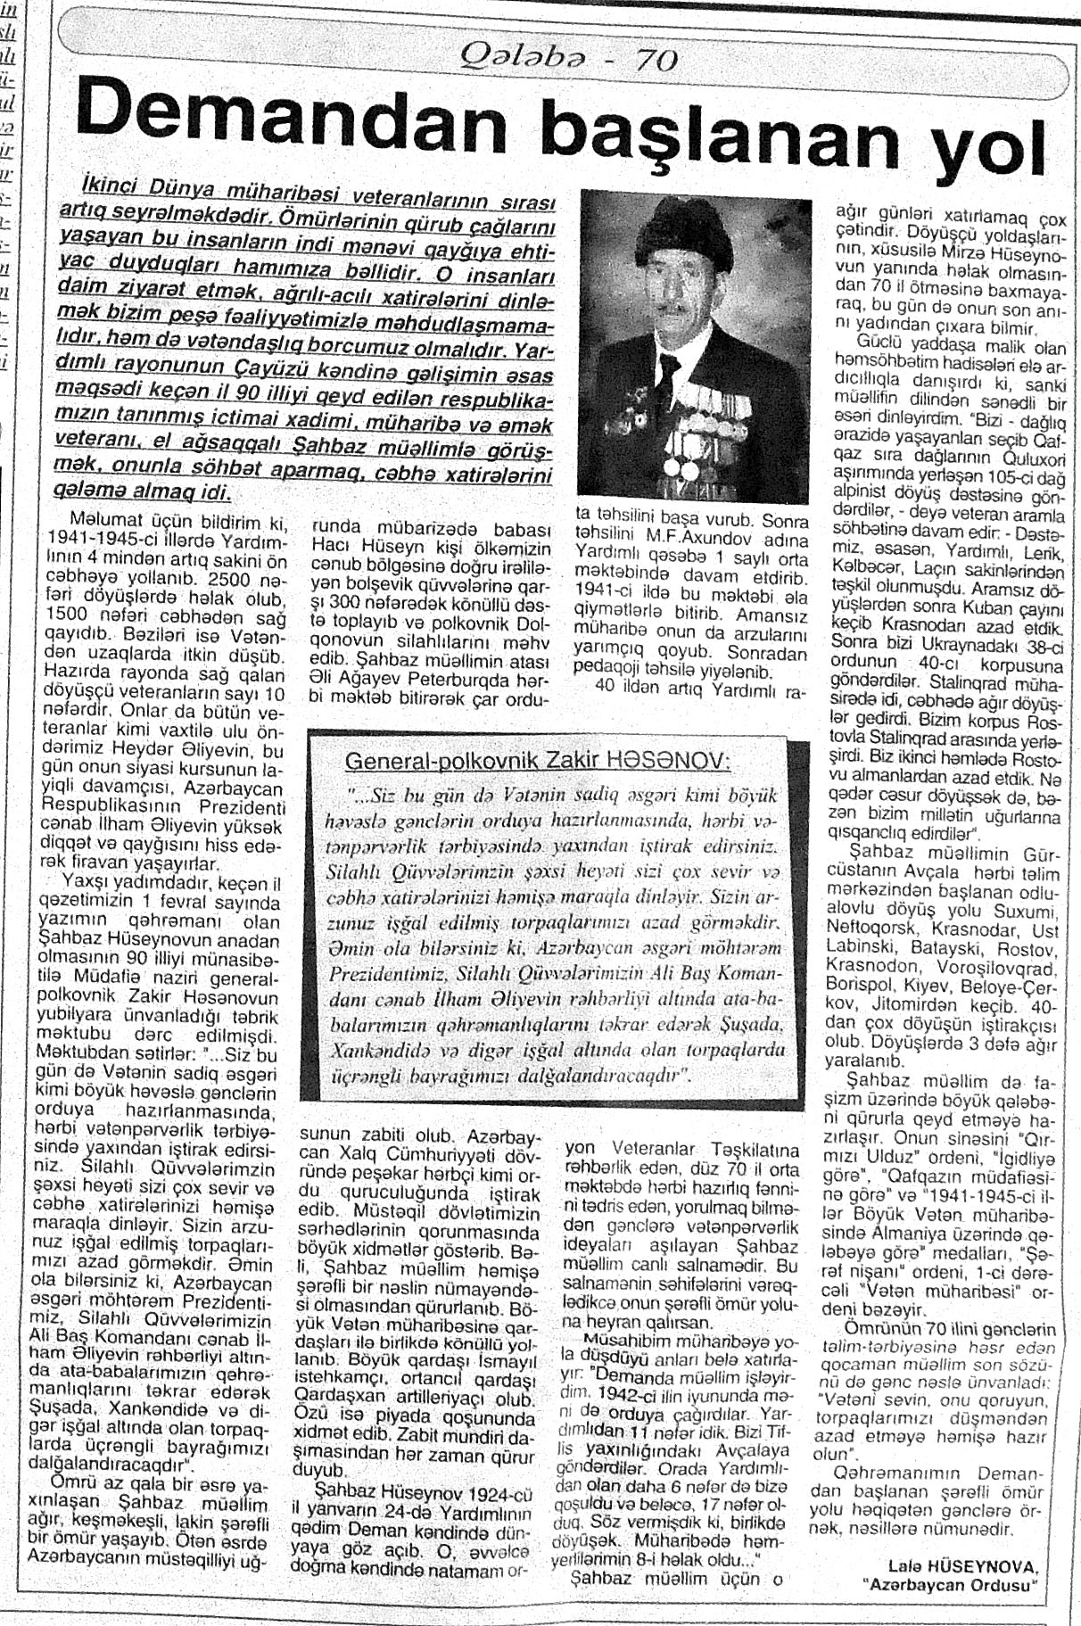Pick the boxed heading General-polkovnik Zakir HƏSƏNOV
pyautogui.click(x=538, y=761)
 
